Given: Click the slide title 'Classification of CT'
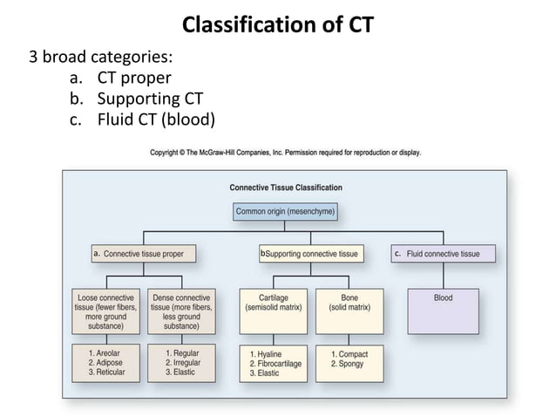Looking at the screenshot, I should (x=278, y=24).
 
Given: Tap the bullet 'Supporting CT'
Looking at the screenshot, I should (x=150, y=99).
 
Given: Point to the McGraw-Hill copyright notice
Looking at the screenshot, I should (x=285, y=153).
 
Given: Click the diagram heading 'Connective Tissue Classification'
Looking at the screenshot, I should (x=286, y=187).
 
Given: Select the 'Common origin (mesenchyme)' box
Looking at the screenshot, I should (x=285, y=210).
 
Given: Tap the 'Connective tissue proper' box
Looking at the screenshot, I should (x=143, y=254).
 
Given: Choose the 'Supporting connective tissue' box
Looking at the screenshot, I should (x=310, y=254).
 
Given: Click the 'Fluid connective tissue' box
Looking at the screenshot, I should (x=444, y=254).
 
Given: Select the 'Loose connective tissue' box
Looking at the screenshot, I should (x=106, y=311).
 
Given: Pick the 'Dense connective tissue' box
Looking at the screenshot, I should (x=181, y=311).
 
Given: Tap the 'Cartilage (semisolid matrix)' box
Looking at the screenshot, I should (x=274, y=311).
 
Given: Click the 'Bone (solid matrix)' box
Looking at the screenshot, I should (x=349, y=311).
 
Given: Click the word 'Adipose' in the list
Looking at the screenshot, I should (x=110, y=363).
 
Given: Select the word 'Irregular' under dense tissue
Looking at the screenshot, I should (x=186, y=363).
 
